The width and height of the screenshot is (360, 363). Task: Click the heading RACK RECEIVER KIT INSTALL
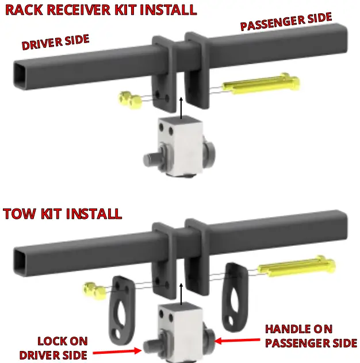[x=99, y=10]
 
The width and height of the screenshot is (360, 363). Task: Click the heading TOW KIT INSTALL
[x=62, y=214]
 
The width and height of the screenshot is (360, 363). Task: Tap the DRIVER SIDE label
[x=56, y=42]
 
